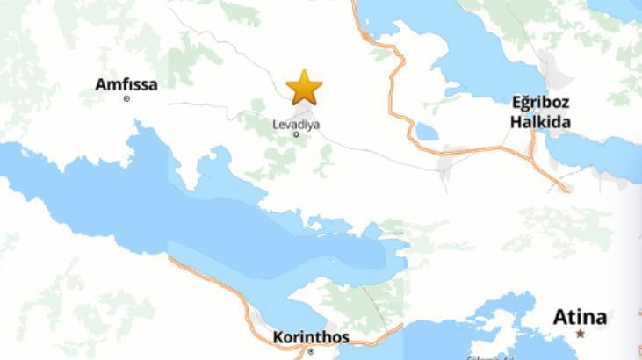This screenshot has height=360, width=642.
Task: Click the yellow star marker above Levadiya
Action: coord(304,88)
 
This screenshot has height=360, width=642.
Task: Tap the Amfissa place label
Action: coord(126,84)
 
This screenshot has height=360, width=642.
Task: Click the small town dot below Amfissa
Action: coord(126,99)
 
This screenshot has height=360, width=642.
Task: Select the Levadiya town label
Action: coord(296,125)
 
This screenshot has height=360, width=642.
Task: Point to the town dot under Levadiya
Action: coord(296,134)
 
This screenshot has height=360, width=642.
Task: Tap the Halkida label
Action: coord(540,122)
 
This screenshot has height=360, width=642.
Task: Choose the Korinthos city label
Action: coord(311,337)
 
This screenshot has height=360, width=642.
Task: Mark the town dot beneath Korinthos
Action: coord(310,350)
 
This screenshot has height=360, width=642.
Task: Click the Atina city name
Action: coord(580,317)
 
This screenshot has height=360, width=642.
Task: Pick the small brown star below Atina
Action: coord(580,334)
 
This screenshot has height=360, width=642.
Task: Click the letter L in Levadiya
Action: coord(276,125)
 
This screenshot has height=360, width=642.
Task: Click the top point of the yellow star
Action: coord(304,71)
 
